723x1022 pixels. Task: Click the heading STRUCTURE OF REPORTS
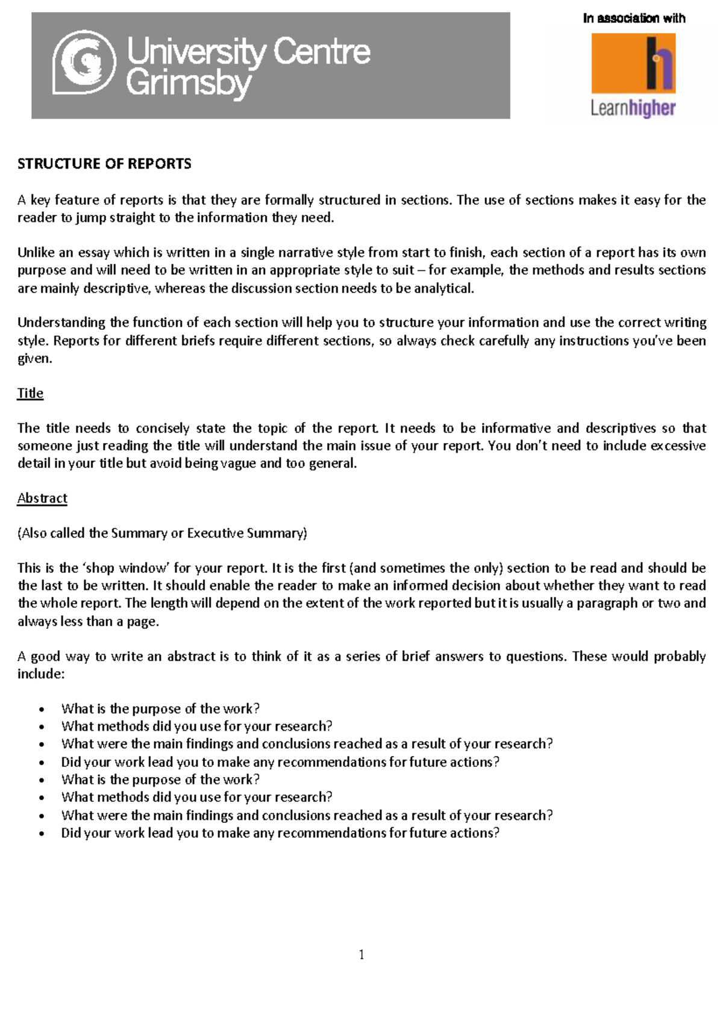(104, 164)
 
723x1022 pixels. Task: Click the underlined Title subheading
(30, 393)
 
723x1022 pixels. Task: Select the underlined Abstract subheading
(42, 498)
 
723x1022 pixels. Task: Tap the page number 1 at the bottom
(361, 955)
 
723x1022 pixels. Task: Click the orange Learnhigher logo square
(633, 63)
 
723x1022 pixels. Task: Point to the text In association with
(634, 18)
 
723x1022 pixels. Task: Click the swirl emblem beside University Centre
(84, 63)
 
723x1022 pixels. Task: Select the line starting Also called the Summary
(162, 533)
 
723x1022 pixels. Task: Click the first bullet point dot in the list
(42, 710)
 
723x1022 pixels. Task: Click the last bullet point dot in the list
(42, 834)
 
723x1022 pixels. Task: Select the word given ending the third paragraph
(34, 359)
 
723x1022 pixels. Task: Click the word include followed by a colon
(39, 674)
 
